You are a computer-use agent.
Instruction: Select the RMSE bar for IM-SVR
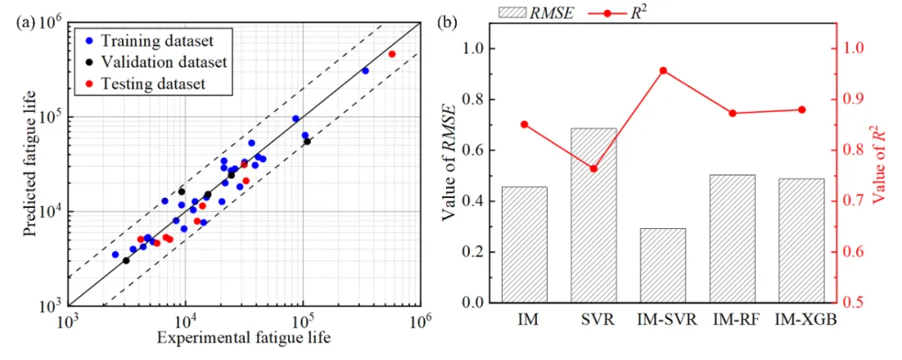663,266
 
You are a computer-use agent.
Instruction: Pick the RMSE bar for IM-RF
732,239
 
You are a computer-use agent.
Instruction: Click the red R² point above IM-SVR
663,71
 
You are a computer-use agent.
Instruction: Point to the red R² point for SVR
594,169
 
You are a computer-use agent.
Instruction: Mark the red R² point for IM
524,124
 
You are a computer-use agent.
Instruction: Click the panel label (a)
26,23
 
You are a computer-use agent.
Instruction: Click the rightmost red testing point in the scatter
392,54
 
